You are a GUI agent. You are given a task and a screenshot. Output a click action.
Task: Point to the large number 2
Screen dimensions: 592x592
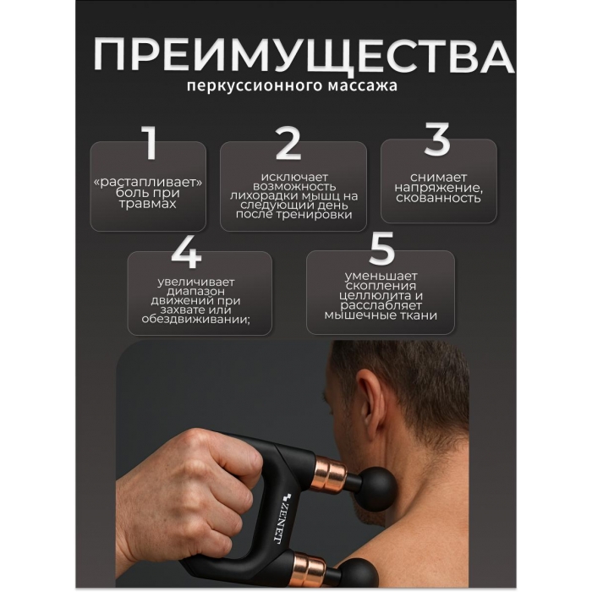(288, 144)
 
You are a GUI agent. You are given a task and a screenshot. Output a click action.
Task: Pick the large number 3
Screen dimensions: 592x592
(437, 139)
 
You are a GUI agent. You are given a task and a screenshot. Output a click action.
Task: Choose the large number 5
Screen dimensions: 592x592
(381, 248)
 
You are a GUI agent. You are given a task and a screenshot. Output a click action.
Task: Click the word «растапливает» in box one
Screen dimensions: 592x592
(148, 183)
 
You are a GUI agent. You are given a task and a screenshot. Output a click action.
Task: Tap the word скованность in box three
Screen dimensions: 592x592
(438, 198)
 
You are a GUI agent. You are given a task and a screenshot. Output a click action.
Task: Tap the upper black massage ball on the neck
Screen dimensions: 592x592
(377, 486)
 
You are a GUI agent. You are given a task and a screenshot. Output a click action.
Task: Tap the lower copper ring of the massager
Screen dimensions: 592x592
(310, 571)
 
